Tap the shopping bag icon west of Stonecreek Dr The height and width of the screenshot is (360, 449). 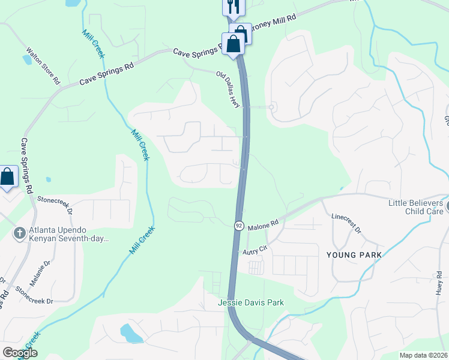(7, 177)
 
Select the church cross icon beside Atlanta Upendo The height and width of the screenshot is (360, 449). (19, 232)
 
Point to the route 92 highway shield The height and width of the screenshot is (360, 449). (238, 225)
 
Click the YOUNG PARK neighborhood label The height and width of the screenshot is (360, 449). (354, 254)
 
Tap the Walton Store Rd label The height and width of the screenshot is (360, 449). (44, 66)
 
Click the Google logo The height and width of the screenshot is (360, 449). (20, 353)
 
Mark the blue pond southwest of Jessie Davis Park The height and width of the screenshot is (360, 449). (130, 332)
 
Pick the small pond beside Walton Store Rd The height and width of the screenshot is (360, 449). (27, 59)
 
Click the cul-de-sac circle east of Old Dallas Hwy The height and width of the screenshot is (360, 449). (272, 107)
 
